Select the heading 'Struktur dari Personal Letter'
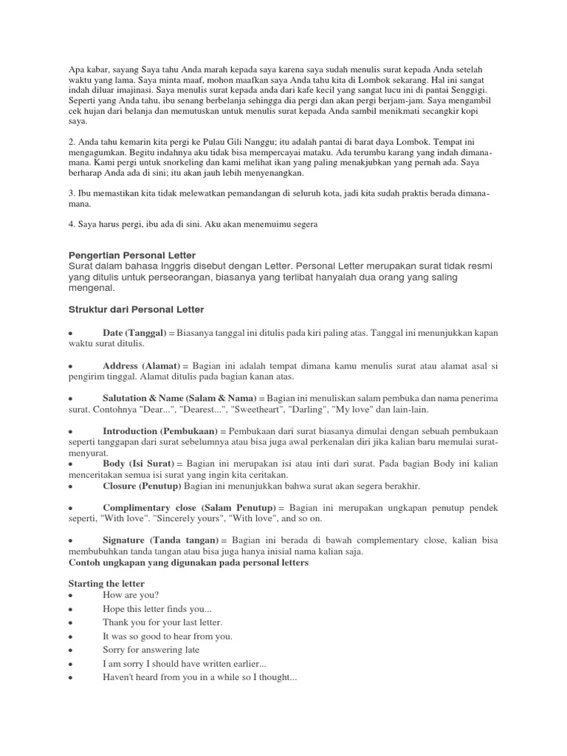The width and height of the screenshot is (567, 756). pos(136,308)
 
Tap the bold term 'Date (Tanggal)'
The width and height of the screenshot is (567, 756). pos(134,333)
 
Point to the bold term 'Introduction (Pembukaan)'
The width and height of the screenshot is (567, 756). pos(159,430)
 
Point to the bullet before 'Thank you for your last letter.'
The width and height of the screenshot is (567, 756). pos(69,623)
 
